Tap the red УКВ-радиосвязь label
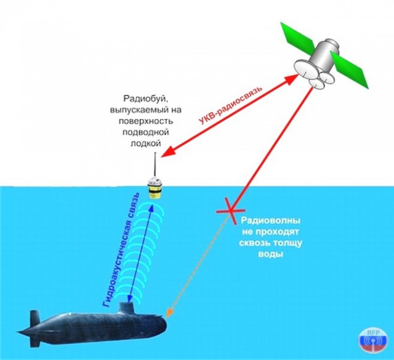230,105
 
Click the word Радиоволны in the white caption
271,221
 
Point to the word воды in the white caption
271,254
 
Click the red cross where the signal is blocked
230,210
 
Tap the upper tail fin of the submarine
34,318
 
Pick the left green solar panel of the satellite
298,36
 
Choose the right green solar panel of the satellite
350,70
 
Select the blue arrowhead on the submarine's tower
130,298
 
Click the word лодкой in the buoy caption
145,143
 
